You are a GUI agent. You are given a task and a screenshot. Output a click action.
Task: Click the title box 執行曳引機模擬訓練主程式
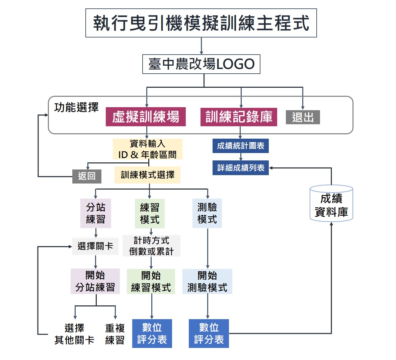point(201,23)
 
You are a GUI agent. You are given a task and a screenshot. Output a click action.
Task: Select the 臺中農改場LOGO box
point(201,64)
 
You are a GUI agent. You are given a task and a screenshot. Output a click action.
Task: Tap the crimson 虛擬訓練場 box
point(146,117)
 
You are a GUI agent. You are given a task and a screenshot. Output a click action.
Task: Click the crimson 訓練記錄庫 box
point(239,117)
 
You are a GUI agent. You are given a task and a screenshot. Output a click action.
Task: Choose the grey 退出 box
point(303,117)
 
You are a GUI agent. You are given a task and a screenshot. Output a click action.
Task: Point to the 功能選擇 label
point(76,107)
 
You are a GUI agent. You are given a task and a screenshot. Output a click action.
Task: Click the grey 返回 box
point(87,176)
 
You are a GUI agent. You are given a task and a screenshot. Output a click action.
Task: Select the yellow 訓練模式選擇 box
point(147,175)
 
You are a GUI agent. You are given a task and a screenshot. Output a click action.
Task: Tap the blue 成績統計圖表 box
point(240,146)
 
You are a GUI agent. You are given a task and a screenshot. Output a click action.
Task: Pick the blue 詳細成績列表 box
point(240,168)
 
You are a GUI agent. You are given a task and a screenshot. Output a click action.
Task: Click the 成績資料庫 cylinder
point(331,204)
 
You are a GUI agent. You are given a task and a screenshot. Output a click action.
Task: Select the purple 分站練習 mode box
point(96,213)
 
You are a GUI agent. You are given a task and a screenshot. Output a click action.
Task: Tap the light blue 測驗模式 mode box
point(207,213)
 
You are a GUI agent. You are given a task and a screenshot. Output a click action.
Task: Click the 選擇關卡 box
point(95,246)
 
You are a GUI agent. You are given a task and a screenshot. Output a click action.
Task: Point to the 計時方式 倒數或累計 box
point(151,246)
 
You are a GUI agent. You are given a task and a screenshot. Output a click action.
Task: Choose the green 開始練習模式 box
point(151,282)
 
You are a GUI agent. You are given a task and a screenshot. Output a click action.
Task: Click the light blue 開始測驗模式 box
point(207,282)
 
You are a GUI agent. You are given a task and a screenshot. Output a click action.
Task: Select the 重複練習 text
point(115,334)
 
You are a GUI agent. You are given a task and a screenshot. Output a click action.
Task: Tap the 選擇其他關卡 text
point(74,334)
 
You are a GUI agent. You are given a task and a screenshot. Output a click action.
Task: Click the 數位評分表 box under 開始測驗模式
point(209,334)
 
